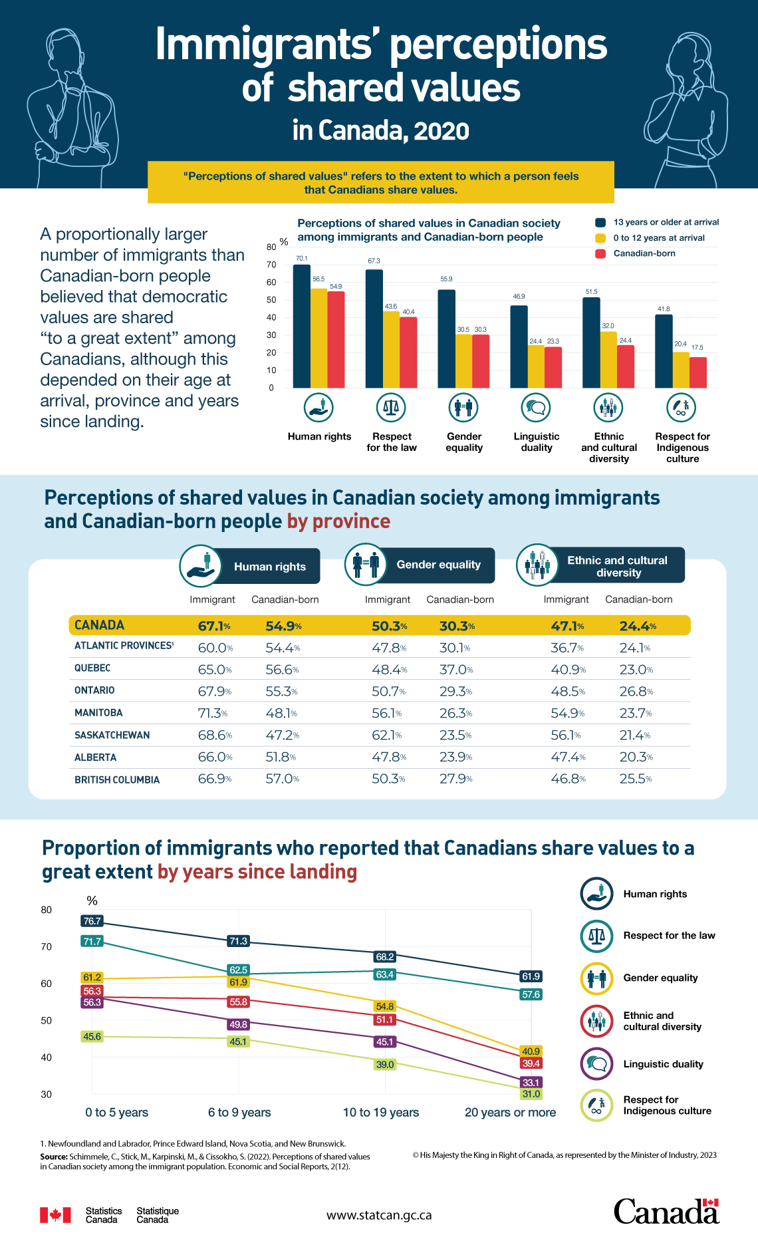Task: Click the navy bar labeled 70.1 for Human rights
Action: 301,326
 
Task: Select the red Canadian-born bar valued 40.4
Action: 408,352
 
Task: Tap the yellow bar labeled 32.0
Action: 608,360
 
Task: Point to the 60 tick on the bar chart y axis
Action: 271,283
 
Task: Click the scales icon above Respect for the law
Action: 391,408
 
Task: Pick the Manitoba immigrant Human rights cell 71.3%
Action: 212,713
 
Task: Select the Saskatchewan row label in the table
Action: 112,735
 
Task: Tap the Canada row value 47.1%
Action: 567,626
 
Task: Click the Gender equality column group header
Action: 438,565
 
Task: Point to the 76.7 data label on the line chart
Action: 92,921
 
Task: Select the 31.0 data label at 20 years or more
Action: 531,1094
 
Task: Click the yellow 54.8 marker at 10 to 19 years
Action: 384,1007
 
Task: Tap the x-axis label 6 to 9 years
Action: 239,1113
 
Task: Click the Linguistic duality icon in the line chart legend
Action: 596,1064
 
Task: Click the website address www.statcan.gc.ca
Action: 379,1215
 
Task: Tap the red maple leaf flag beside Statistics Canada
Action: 55,1215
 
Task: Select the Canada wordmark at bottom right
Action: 666,1212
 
